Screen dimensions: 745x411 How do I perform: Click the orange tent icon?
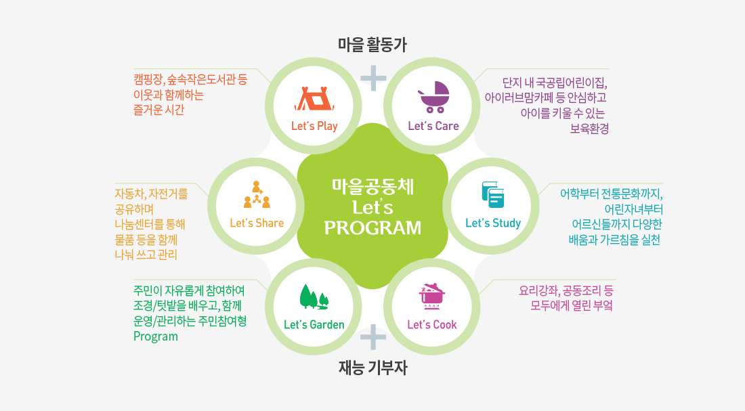[314, 100]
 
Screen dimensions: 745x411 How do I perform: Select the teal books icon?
[492, 194]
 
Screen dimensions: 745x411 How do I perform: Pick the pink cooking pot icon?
[431, 296]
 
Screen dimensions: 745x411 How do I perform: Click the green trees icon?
[314, 297]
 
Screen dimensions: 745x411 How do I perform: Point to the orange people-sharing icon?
[257, 194]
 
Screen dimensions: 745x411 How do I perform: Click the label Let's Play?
[314, 126]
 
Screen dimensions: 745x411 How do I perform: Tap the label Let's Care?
[433, 126]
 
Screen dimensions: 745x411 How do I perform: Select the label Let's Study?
[493, 223]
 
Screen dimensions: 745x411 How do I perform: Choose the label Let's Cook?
[432, 324]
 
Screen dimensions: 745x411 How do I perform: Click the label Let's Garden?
[314, 324]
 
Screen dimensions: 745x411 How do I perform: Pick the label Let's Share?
[257, 223]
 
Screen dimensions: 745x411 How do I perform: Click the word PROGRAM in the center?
[372, 228]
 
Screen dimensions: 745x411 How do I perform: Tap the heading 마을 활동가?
[372, 45]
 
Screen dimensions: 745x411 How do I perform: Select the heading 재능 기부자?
[373, 368]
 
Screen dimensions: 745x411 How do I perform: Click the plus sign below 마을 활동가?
[373, 78]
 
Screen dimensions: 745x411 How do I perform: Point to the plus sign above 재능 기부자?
[373, 337]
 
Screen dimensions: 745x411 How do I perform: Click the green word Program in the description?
[156, 337]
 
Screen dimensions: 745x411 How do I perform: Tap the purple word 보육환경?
[589, 129]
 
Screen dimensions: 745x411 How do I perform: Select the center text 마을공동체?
[372, 186]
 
